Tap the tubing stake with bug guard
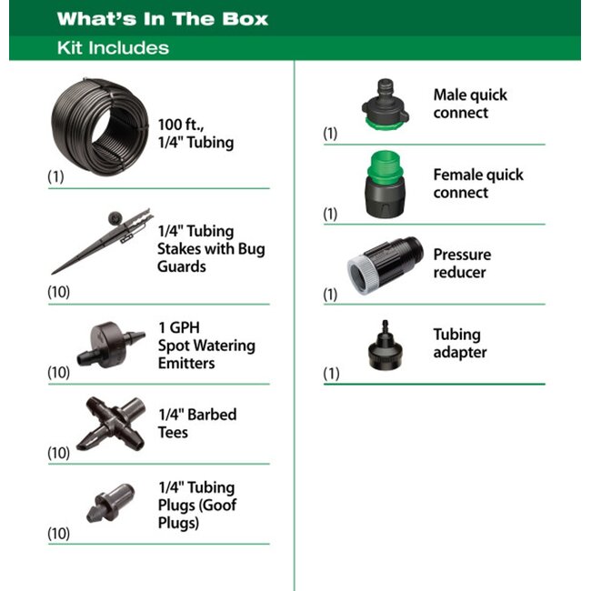pos(103,241)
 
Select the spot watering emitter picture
pos(111,344)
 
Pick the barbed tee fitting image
pos(111,424)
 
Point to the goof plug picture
pos(111,504)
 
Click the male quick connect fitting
pos(386,104)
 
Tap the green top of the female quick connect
pos(386,165)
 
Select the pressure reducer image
pos(386,265)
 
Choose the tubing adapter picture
pos(386,346)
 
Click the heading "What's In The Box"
pos(163,18)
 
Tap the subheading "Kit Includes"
pos(113,48)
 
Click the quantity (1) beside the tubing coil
pos(55,176)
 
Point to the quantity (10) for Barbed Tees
pos(58,453)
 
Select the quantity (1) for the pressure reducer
pos(330,294)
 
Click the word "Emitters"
pos(186,364)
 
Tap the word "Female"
pos(452,175)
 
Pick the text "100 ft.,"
pos(181,125)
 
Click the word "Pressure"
pos(462,255)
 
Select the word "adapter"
pos(460,353)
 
